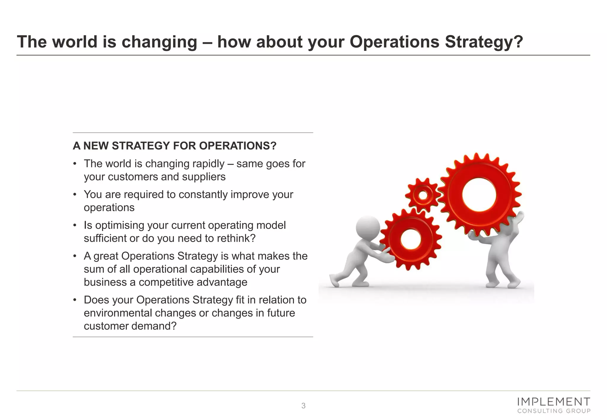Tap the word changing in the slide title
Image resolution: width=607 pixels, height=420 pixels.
point(159,42)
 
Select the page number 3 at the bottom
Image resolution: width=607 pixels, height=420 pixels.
point(303,406)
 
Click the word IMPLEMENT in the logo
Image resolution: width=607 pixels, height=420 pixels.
point(553,402)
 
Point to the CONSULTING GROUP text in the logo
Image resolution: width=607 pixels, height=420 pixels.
point(554,411)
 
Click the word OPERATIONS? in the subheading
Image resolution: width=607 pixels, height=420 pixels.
point(238,146)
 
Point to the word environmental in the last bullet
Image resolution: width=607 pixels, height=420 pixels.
point(118,313)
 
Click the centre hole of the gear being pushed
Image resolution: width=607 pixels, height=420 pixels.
point(411,239)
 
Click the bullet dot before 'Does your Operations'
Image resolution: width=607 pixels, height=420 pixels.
point(75,300)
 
